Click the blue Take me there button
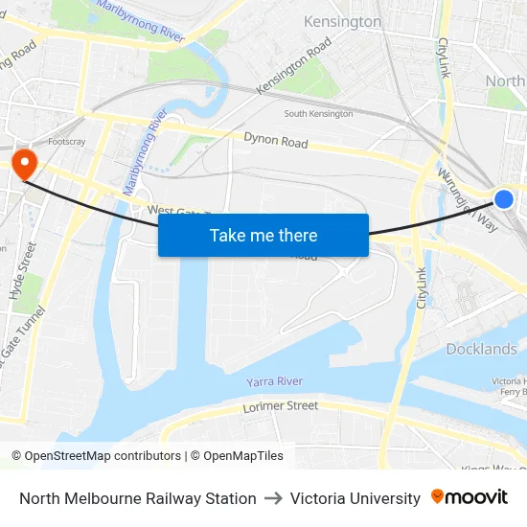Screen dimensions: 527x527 [x=263, y=236]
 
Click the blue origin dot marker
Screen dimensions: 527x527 [x=504, y=199]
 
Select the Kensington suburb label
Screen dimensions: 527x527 [x=342, y=21]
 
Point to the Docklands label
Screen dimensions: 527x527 [x=481, y=349]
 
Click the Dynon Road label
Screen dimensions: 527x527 [x=276, y=141]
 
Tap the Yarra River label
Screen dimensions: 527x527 [x=274, y=381]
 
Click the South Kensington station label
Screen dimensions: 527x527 [x=318, y=114]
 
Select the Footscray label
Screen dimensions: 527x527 [x=67, y=141]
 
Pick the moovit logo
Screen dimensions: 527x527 [x=470, y=497]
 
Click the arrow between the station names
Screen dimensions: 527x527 [x=273, y=498]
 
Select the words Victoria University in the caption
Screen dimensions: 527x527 [x=355, y=498]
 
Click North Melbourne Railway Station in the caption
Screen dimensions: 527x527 [x=138, y=498]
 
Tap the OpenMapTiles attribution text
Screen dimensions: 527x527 [x=241, y=456]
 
